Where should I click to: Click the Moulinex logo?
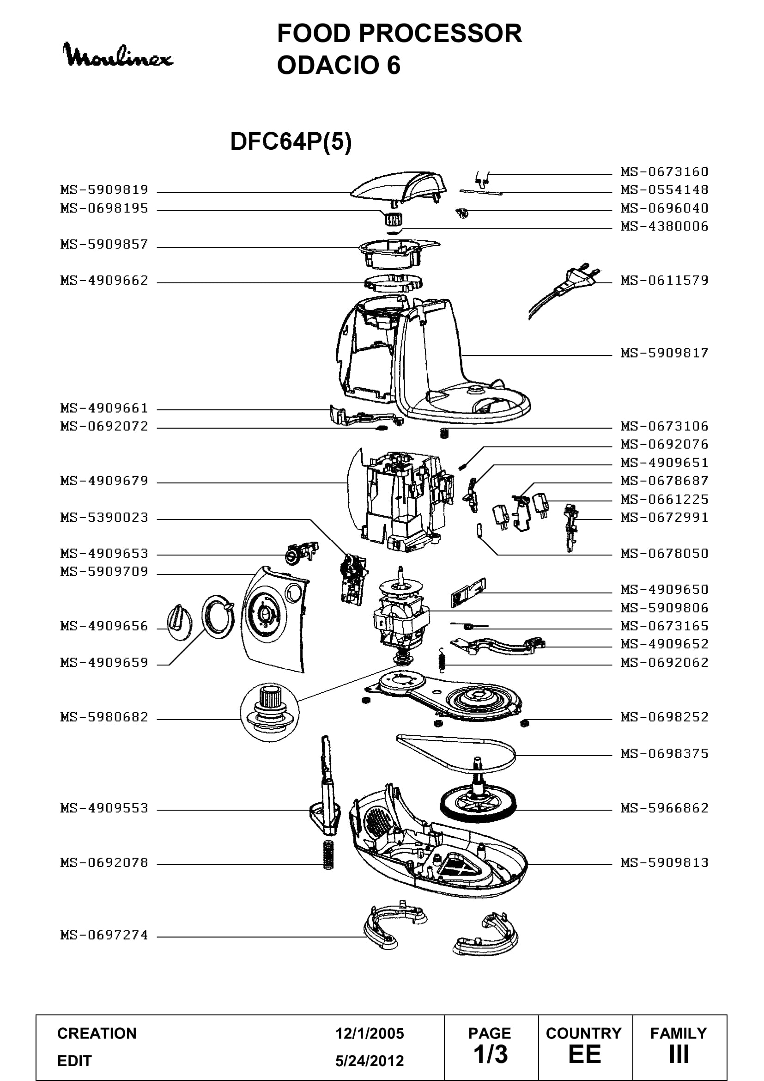(118, 55)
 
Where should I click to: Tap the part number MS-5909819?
(104, 190)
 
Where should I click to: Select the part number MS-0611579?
(664, 281)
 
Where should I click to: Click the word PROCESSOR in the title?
(440, 33)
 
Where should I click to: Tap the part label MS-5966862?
(664, 808)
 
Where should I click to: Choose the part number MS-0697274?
(104, 935)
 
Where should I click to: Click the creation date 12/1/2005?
(370, 1033)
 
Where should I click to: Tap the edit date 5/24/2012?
(370, 1061)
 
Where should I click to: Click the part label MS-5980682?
(104, 717)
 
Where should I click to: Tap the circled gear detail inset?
(270, 712)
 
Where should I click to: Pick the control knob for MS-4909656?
(179, 622)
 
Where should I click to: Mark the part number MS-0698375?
(664, 754)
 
